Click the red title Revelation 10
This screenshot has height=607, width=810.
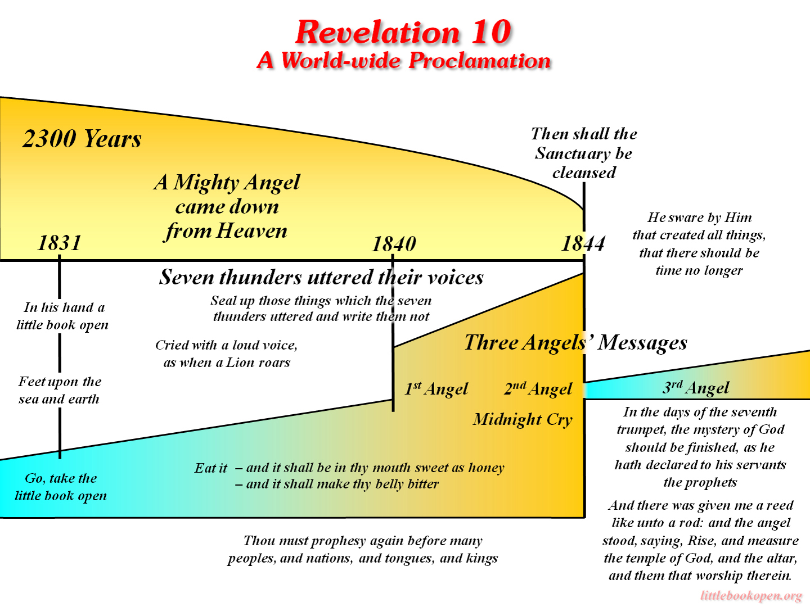(x=403, y=32)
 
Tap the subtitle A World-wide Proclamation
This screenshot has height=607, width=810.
(x=403, y=61)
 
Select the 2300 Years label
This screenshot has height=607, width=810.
(x=82, y=139)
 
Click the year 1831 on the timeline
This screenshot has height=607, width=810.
(x=60, y=243)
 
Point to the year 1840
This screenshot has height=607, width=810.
(x=394, y=244)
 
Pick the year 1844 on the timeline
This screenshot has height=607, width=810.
(x=583, y=243)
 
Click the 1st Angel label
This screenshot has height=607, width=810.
(x=436, y=389)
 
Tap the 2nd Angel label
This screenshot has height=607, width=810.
(x=538, y=389)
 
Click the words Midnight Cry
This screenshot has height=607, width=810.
(x=523, y=419)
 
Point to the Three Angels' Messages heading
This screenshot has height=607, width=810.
(x=575, y=342)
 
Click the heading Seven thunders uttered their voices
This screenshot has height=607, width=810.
(x=321, y=277)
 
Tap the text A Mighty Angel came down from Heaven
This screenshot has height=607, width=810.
(x=227, y=206)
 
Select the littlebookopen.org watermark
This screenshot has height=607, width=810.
(x=751, y=596)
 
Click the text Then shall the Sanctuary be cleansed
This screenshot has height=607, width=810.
(x=584, y=153)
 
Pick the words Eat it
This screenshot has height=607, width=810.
(x=210, y=468)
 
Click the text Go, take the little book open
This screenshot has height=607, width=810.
(x=61, y=487)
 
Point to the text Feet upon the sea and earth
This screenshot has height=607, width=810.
(x=60, y=390)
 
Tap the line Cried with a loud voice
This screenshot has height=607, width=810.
(x=226, y=345)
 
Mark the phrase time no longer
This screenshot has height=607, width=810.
(x=699, y=270)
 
